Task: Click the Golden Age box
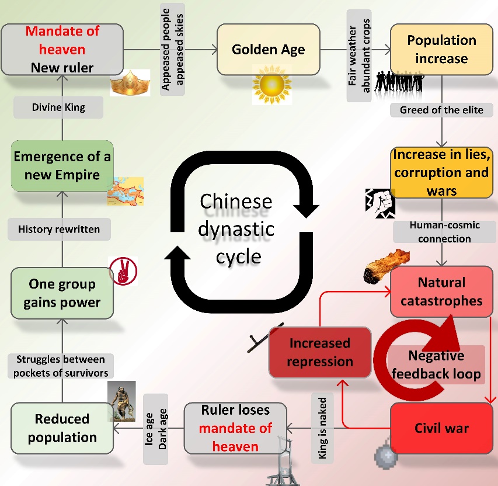tap(268, 49)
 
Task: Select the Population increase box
tap(441, 49)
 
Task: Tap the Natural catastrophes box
tap(441, 291)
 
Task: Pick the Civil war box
tap(441, 428)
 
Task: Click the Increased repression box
tap(319, 352)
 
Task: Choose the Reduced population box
tap(62, 428)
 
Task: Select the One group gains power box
tap(62, 293)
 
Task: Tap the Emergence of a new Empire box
tap(62, 165)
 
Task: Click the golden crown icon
tap(130, 83)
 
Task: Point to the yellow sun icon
tap(271, 85)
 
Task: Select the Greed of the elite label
tap(441, 109)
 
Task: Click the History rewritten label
tap(59, 230)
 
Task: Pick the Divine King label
tap(58, 107)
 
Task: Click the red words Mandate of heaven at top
tap(62, 40)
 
